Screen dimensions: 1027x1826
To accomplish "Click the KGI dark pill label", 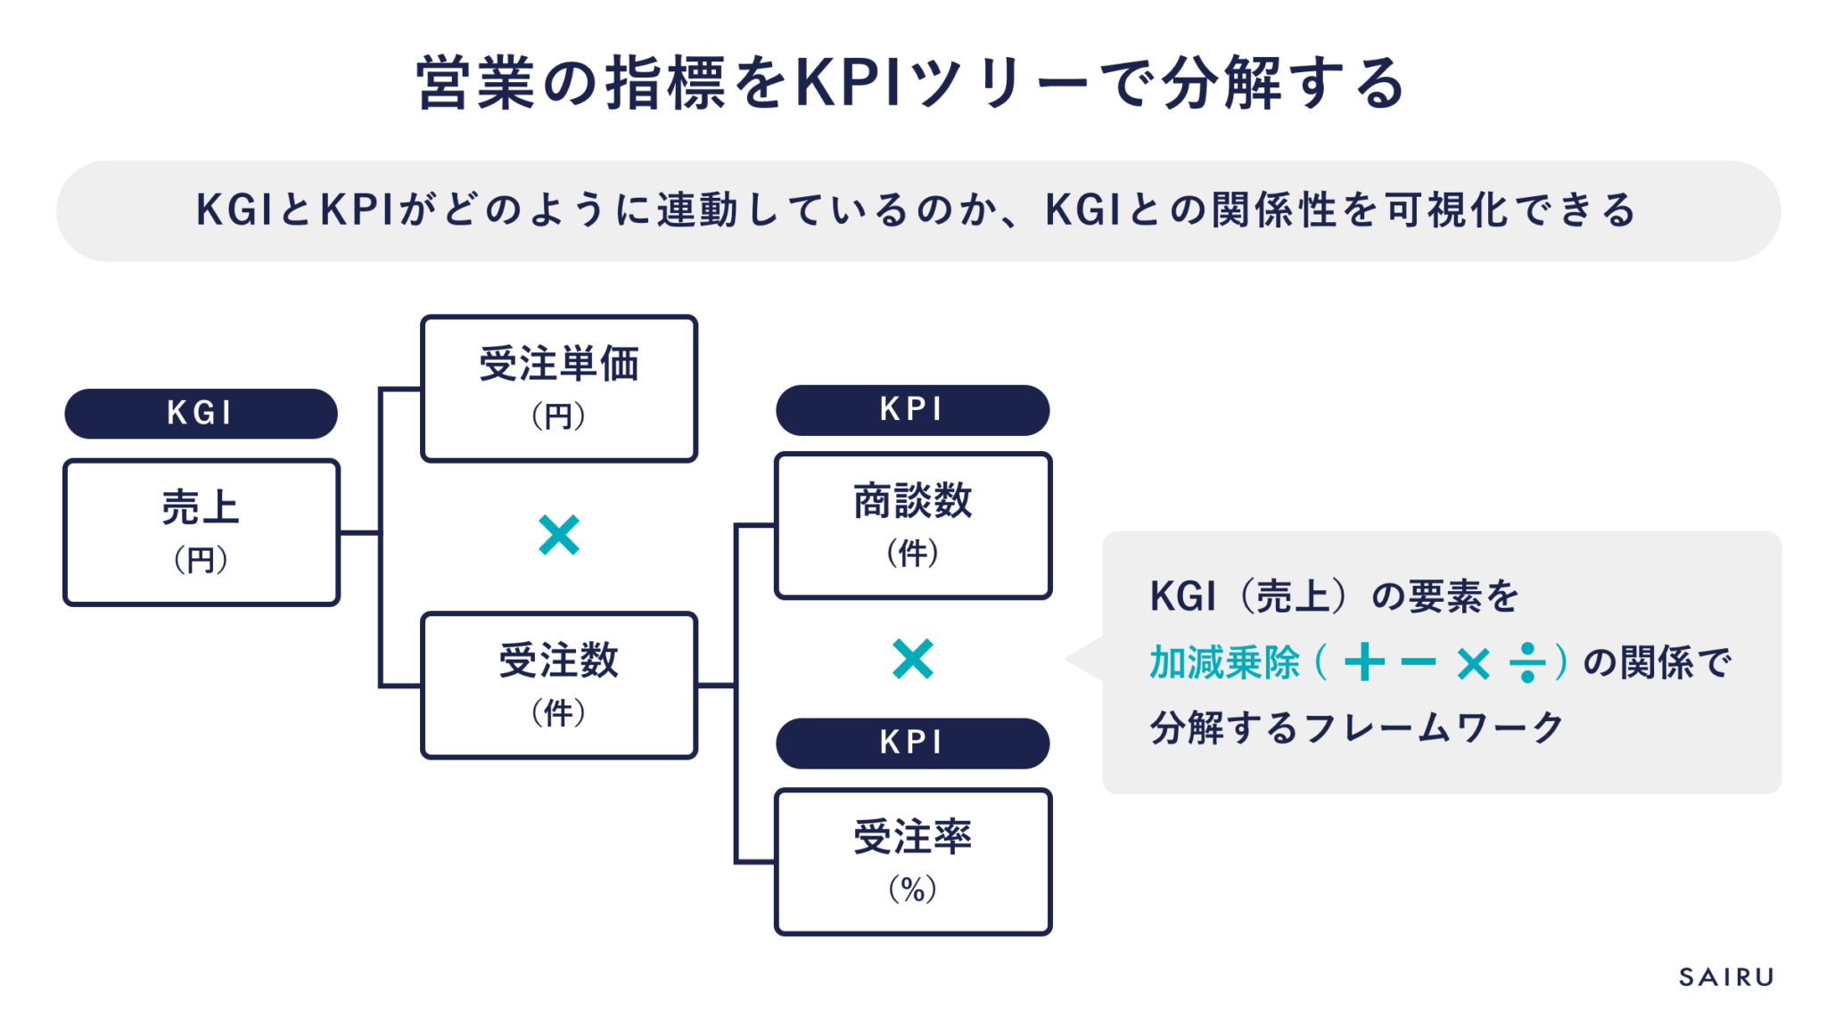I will coord(201,413).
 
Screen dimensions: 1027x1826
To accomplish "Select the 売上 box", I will coord(201,532).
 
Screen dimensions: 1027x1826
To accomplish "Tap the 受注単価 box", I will coord(558,388).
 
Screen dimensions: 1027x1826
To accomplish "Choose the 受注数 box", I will coord(558,685).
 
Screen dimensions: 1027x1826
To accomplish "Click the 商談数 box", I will coord(912,525).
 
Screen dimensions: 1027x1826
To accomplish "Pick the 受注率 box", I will coord(912,861).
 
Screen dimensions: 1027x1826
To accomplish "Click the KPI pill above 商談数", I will coord(912,409).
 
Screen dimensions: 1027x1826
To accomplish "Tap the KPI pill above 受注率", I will coord(912,743).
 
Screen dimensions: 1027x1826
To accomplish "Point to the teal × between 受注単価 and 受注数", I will coord(559,535).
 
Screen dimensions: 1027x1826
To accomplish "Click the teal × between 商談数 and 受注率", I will coord(912,660).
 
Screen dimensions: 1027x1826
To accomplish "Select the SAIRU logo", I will coord(1726,977).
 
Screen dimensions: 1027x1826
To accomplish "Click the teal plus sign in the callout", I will coord(1364,663).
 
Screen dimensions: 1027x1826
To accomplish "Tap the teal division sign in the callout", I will coord(1527,663).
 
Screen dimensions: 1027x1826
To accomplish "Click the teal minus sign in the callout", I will coord(1418,663).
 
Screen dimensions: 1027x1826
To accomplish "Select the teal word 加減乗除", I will coord(1224,663).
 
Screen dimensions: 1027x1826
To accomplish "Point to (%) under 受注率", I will coord(912,889).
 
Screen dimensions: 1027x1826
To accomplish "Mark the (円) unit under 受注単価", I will coord(558,416).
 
